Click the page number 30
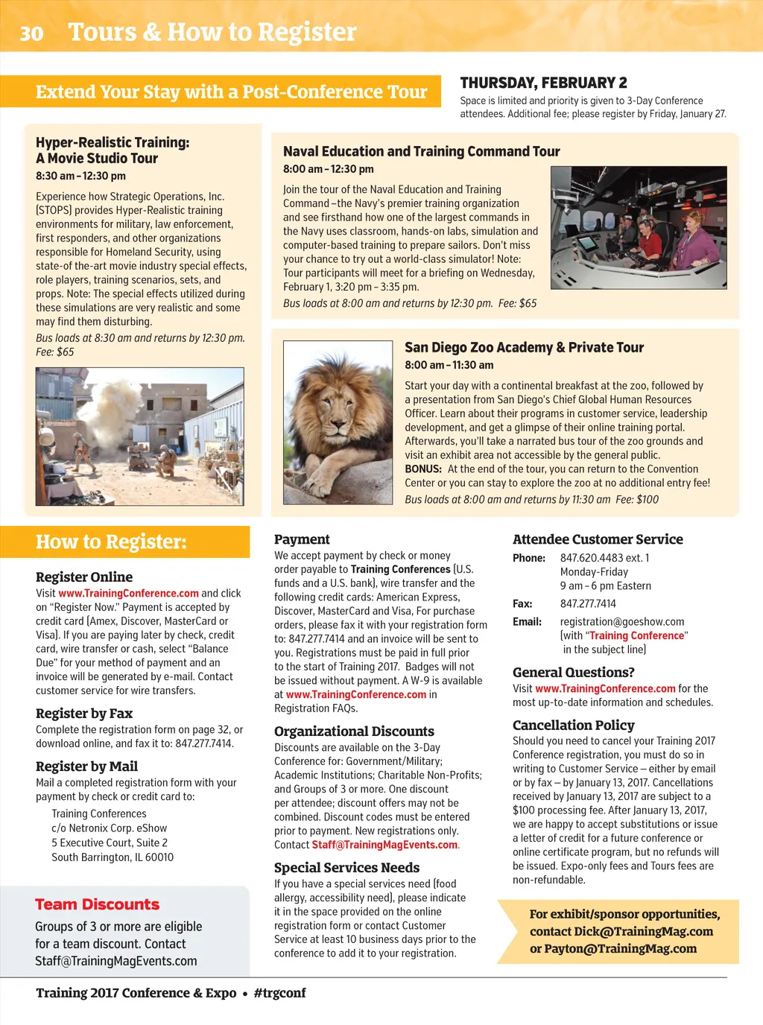click(x=31, y=33)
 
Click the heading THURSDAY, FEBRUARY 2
click(x=543, y=83)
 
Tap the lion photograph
click(x=338, y=422)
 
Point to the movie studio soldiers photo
click(x=140, y=437)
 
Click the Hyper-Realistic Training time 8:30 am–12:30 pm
click(x=80, y=176)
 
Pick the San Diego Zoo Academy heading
click(x=524, y=347)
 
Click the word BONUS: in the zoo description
click(x=423, y=469)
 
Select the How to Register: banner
click(x=112, y=542)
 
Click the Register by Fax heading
click(x=84, y=713)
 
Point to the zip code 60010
click(x=159, y=857)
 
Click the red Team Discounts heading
click(x=98, y=904)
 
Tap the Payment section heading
click(x=302, y=539)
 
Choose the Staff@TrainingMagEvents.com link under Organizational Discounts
click(x=384, y=845)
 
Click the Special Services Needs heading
click(x=346, y=867)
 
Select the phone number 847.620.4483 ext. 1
click(x=604, y=558)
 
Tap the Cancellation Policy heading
click(x=573, y=725)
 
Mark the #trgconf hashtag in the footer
click(x=279, y=993)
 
